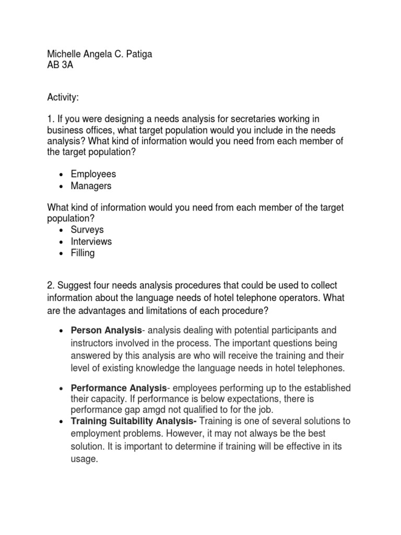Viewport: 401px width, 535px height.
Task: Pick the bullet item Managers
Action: (91, 186)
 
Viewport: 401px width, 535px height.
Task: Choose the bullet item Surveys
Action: (87, 229)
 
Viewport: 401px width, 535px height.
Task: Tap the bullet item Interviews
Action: (91, 241)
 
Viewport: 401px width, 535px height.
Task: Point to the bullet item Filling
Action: (83, 253)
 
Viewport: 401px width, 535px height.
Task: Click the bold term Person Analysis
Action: (107, 330)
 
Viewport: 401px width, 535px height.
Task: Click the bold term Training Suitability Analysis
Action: (132, 421)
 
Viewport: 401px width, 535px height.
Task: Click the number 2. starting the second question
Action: (51, 285)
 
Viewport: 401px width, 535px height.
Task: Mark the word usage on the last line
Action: (84, 460)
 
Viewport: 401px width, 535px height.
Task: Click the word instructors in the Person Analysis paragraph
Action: (93, 343)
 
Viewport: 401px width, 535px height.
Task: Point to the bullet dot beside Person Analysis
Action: (62, 331)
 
